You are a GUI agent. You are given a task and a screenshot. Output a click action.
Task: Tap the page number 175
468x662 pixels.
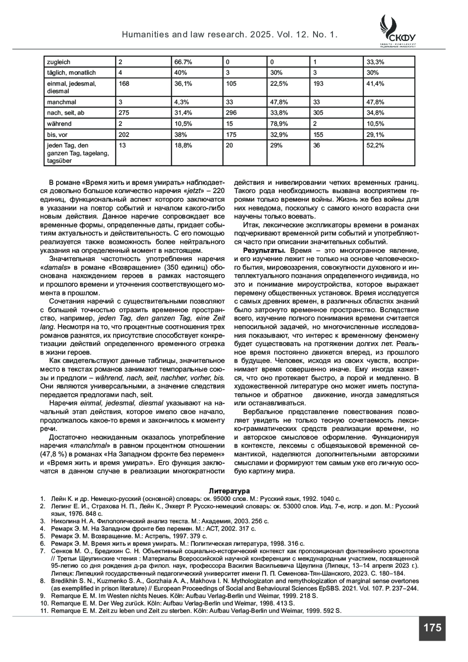tap(432, 628)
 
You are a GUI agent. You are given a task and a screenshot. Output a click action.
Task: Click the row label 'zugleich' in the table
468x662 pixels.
tap(58, 62)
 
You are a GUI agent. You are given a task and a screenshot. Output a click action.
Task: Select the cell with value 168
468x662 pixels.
tap(124, 83)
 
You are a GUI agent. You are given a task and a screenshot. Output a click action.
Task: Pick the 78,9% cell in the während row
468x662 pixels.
tap(279, 124)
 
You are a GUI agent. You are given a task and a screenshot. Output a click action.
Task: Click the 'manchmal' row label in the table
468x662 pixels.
tap(61, 102)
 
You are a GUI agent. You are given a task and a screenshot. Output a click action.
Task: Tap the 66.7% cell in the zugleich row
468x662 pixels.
tap(183, 62)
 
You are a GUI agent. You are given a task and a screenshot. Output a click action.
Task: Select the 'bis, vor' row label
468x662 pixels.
tap(57, 135)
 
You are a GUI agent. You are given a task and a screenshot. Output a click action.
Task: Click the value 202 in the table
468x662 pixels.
tap(124, 135)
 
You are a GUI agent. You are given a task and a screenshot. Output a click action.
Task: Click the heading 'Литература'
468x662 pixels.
tap(229, 491)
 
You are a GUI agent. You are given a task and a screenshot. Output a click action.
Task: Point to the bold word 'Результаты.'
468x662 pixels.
tap(264, 250)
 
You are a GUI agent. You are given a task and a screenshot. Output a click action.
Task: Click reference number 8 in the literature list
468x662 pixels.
tap(43, 581)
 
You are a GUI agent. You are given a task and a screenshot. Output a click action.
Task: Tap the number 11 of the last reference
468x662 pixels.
tap(44, 611)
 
